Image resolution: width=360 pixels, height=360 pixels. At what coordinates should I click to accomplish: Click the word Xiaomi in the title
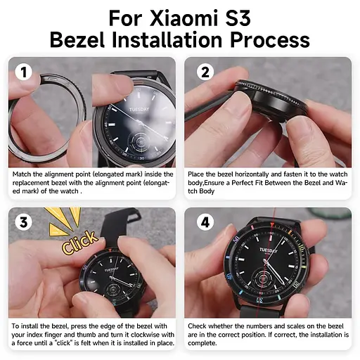point(200,15)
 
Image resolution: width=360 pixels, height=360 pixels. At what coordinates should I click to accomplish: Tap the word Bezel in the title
point(80,39)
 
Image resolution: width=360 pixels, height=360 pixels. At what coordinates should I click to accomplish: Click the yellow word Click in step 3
point(79,243)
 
